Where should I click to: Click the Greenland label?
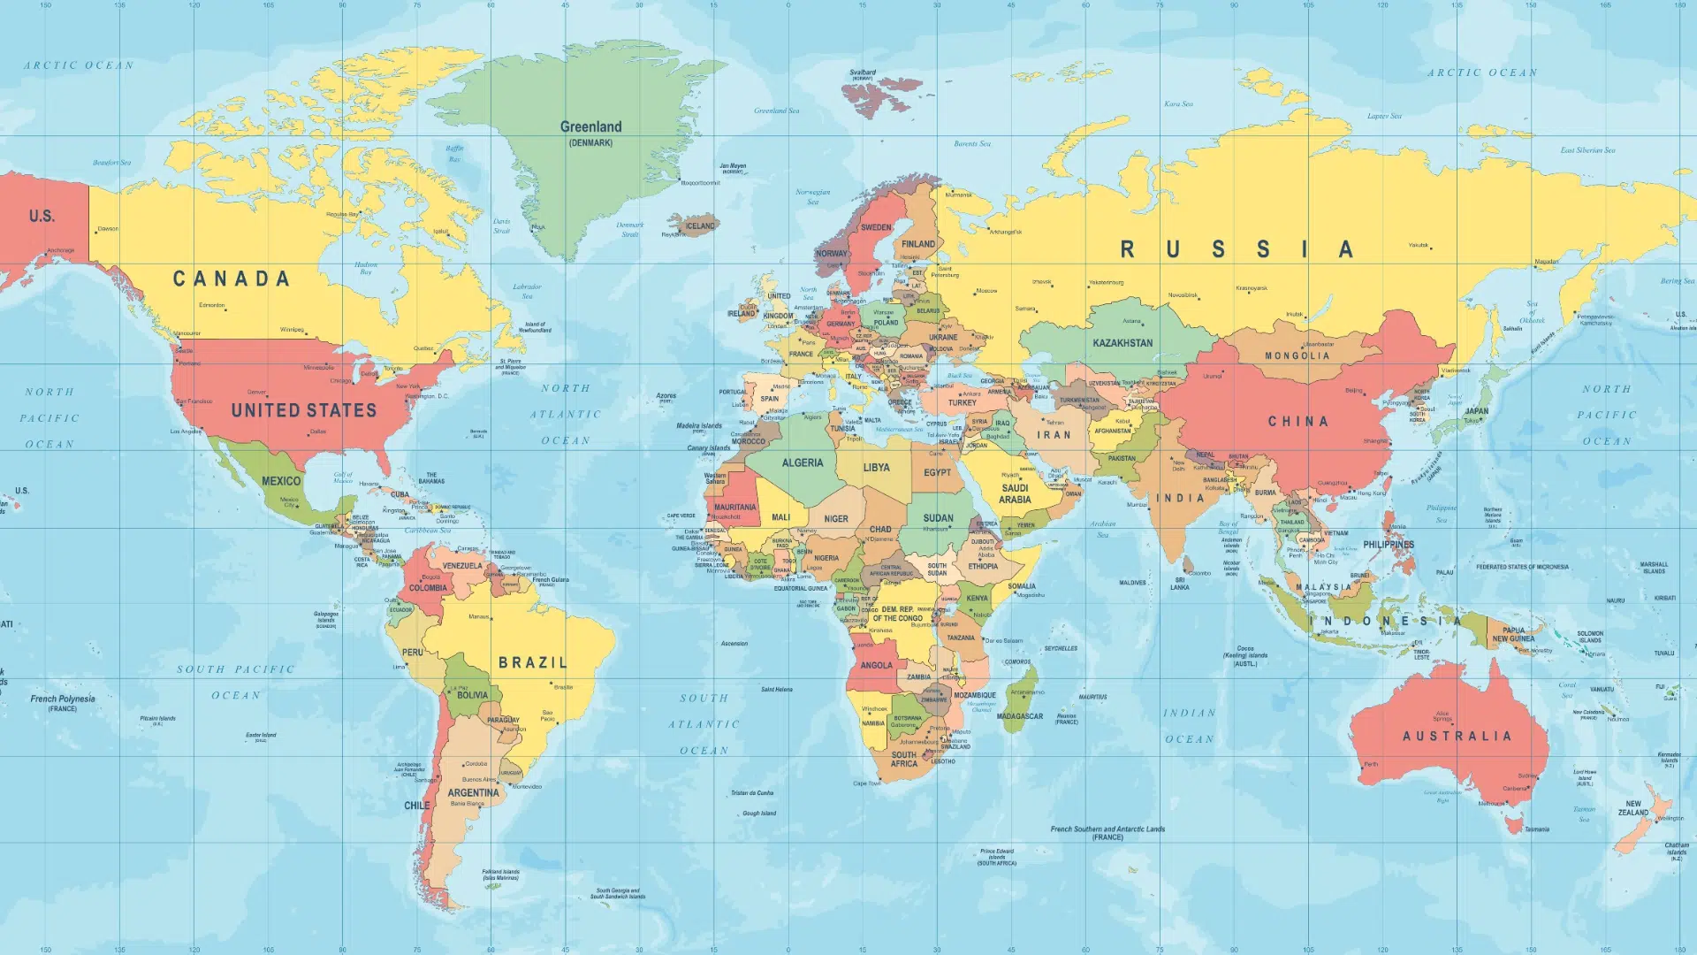(590, 127)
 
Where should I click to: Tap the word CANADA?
(231, 279)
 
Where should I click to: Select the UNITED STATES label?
(303, 410)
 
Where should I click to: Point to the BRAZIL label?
(532, 662)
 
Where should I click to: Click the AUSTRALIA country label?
(1457, 736)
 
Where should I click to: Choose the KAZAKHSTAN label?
(1122, 343)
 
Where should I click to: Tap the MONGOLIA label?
(1296, 355)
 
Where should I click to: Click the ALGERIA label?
(802, 462)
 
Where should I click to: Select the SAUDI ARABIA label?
(1014, 493)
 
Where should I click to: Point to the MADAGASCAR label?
(1019, 716)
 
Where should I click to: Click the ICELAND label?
(699, 225)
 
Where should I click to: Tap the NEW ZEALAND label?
(1632, 808)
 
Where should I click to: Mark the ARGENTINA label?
(473, 793)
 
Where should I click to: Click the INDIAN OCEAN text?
(1189, 726)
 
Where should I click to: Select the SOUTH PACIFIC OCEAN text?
(235, 682)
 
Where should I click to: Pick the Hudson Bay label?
(365, 268)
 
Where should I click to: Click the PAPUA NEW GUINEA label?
(1512, 635)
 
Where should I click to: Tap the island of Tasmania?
(1513, 827)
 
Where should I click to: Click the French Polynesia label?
(62, 702)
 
